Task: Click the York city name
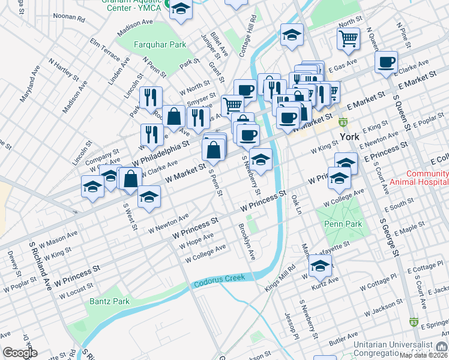[349, 137]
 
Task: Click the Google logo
[20, 353]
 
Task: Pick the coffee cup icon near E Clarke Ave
[386, 62]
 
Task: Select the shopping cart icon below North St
[348, 38]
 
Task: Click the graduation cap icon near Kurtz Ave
[320, 265]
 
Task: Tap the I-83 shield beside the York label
[343, 123]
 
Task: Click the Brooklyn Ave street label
[247, 242]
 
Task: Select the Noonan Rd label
[69, 19]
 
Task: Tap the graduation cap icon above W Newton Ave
[148, 197]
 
